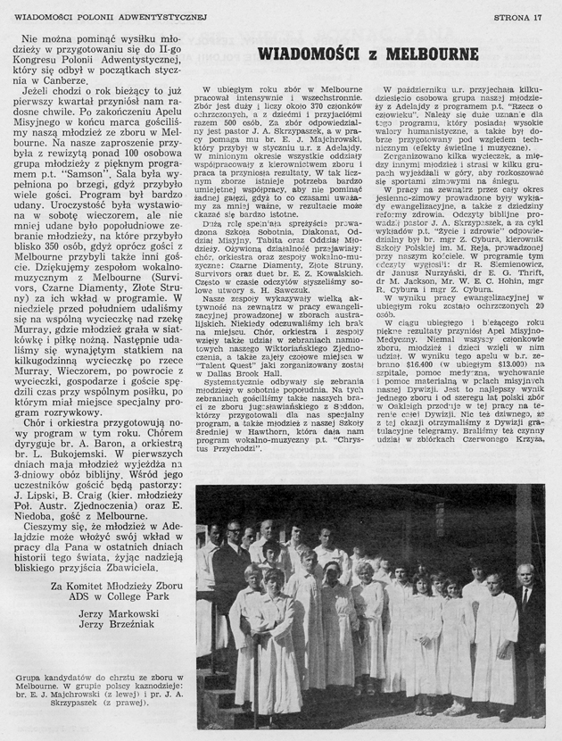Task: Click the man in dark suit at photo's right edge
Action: click(x=531, y=625)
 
